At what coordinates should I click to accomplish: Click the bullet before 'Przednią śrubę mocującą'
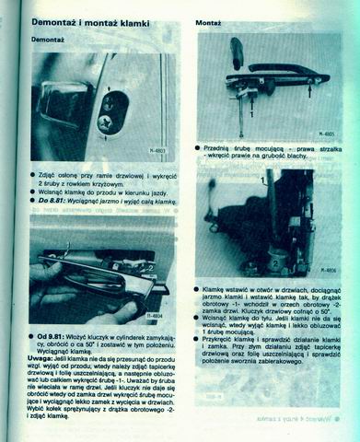point(199,146)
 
